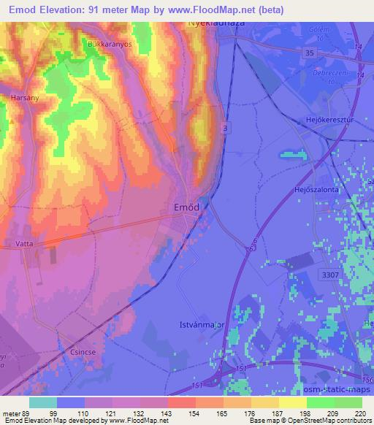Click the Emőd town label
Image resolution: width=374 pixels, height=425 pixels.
click(x=186, y=207)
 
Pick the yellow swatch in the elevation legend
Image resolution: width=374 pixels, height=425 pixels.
click(x=293, y=402)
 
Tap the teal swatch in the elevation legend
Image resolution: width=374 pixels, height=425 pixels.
click(x=42, y=402)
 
